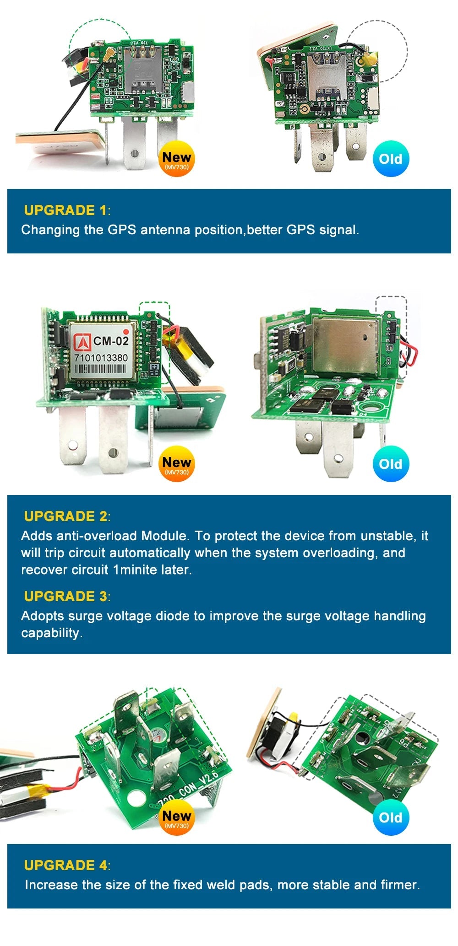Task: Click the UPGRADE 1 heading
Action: [65, 210]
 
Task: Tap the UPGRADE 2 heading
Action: [65, 516]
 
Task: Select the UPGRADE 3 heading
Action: [65, 596]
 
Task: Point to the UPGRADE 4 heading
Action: [65, 865]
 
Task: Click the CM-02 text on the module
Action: [111, 341]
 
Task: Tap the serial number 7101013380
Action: [101, 357]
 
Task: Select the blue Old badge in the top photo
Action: [391, 159]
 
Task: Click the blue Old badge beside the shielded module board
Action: [391, 464]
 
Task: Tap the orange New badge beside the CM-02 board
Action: [176, 464]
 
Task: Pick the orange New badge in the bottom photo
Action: [176, 817]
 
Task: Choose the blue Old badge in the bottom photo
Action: [391, 817]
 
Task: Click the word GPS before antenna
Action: [122, 229]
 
